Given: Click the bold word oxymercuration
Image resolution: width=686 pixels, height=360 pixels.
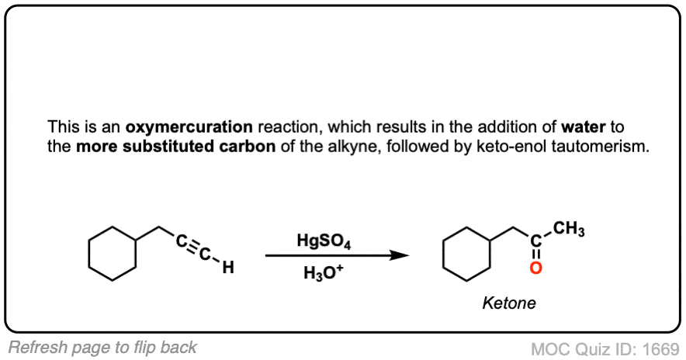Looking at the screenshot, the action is coord(189,127).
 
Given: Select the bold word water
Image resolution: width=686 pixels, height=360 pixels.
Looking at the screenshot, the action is coord(584,126).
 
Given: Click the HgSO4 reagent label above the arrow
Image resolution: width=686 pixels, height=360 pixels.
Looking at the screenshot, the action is coord(324,241).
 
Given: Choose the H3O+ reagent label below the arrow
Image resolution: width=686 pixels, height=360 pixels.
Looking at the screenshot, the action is coord(324,272).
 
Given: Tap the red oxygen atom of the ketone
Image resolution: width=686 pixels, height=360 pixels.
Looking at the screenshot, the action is coord(535,268).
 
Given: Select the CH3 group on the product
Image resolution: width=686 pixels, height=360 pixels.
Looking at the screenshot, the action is coord(568,229).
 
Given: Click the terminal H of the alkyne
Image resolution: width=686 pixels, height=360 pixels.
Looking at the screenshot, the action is coord(228,266).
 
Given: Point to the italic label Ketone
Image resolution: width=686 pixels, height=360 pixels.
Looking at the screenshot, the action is coord(509,303).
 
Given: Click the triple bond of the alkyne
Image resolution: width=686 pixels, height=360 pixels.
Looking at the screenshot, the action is coord(192,247).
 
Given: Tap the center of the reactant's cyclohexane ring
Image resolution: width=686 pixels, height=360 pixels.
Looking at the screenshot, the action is coord(113,253).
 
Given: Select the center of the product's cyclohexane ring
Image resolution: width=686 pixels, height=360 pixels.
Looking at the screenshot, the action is coord(467,253).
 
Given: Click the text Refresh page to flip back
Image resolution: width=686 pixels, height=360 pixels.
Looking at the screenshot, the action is coord(102,348).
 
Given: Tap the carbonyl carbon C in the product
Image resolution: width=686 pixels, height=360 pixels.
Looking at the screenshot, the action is coord(536,241).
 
